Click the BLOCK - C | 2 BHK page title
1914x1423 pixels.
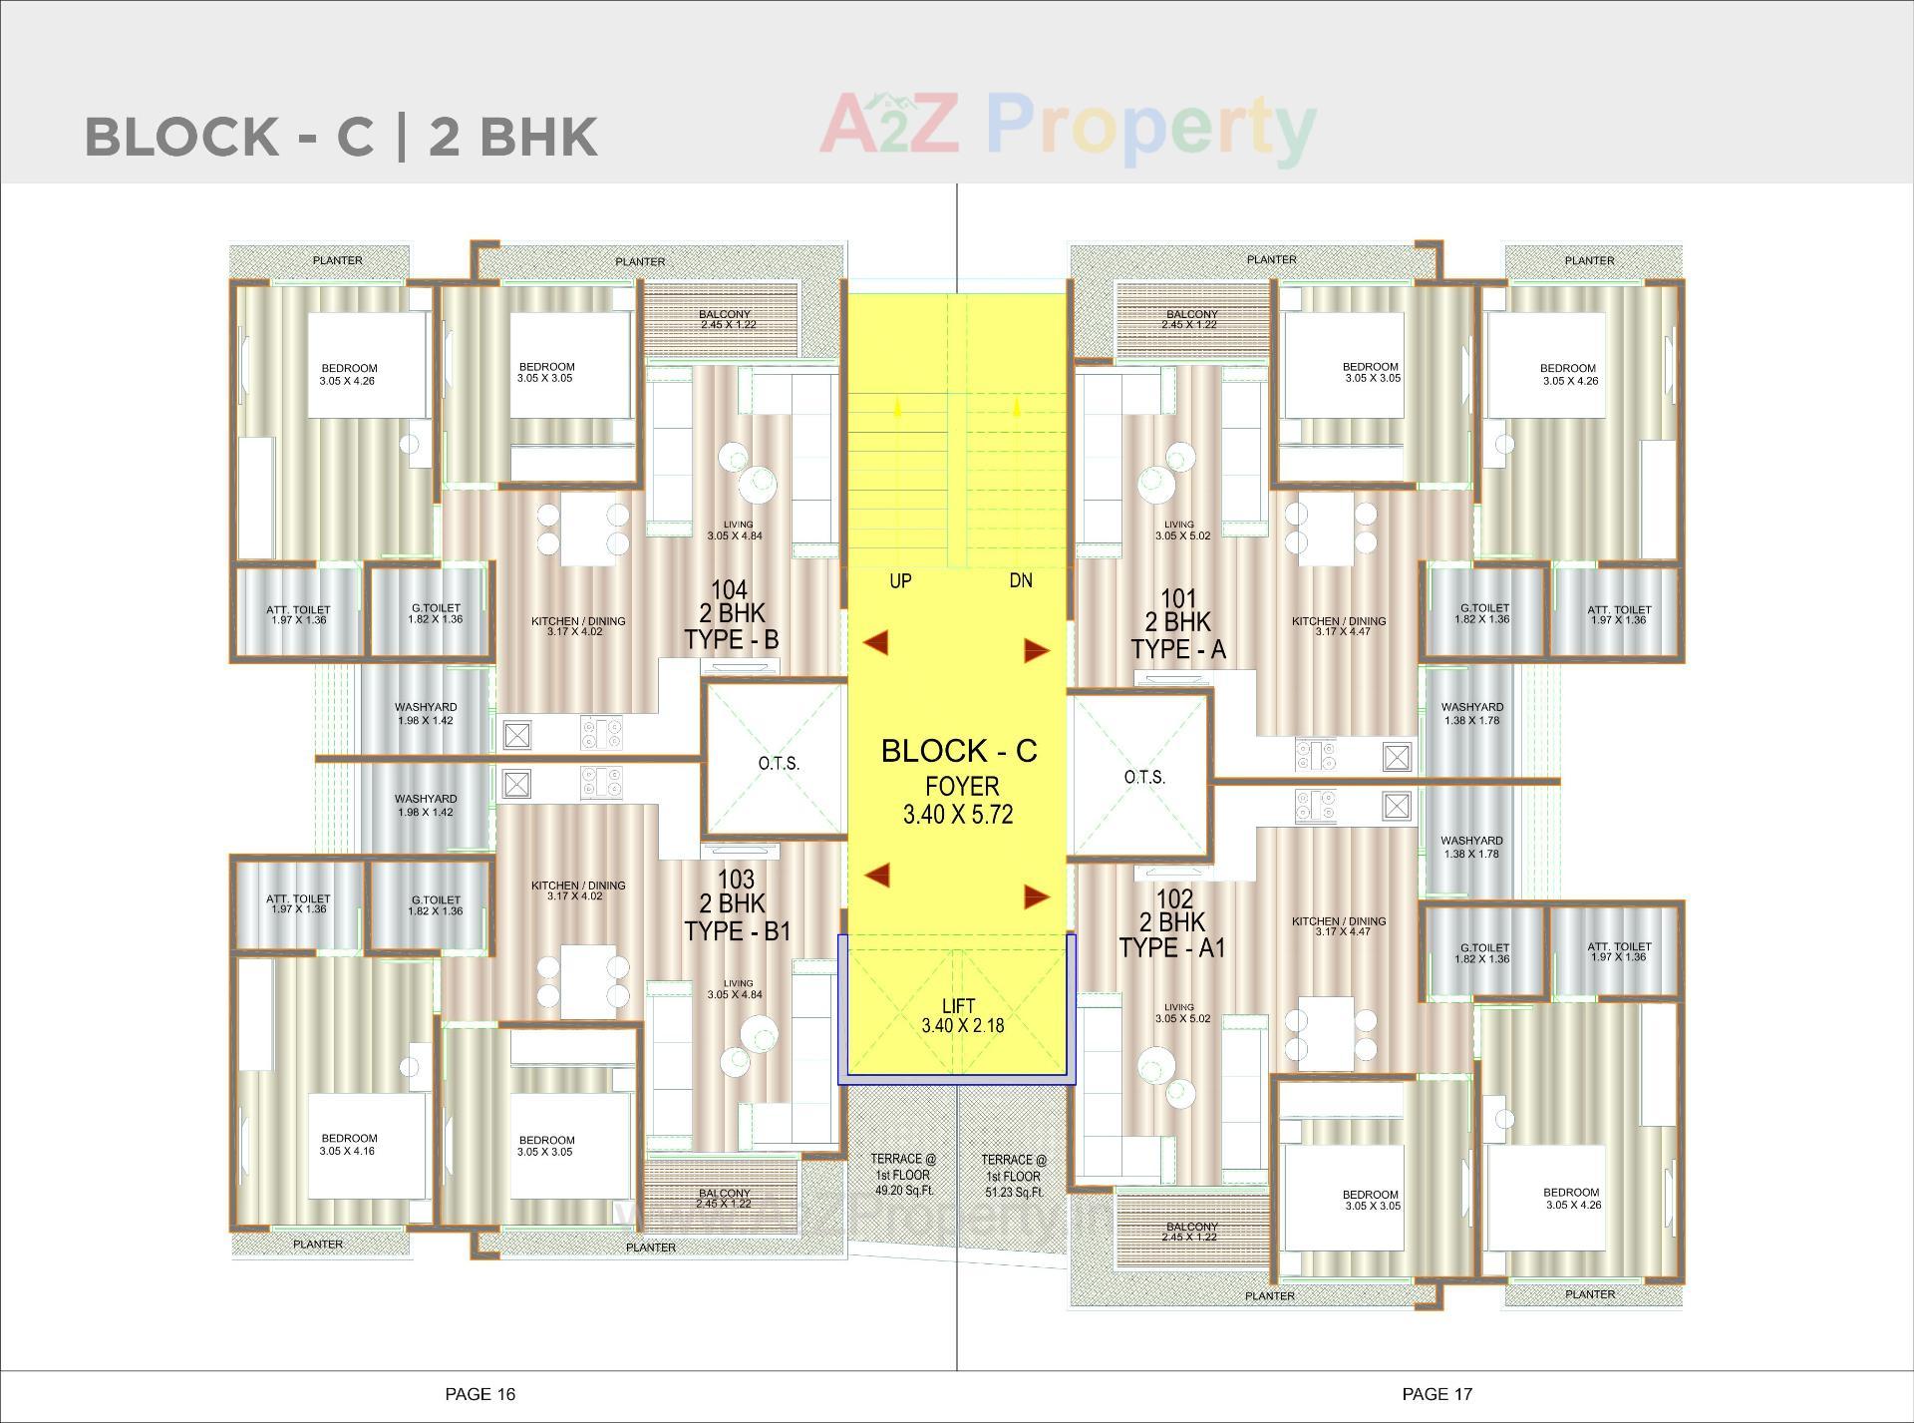click(341, 137)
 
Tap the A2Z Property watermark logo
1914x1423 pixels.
click(1067, 127)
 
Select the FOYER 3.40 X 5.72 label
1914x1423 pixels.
click(958, 800)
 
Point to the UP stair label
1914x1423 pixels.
click(900, 580)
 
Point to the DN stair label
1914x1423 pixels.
click(1020, 580)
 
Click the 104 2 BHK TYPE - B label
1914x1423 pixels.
click(731, 614)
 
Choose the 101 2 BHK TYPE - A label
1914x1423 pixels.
click(1178, 623)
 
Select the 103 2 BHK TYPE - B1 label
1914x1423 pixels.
click(736, 904)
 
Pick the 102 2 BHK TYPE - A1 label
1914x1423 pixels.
click(1173, 922)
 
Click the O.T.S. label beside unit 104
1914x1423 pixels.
click(779, 763)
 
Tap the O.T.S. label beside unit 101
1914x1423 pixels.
click(1143, 777)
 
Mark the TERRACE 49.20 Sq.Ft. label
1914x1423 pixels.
click(903, 1175)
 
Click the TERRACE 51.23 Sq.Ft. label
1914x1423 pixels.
click(1014, 1176)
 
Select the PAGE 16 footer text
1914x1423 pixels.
click(479, 1394)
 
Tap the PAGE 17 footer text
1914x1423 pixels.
click(1436, 1394)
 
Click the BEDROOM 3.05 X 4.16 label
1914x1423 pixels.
click(349, 1144)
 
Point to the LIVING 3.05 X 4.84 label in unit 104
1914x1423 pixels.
click(738, 530)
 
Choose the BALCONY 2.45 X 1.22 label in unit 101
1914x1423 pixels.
click(1191, 319)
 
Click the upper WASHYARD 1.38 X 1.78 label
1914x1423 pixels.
click(1471, 713)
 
